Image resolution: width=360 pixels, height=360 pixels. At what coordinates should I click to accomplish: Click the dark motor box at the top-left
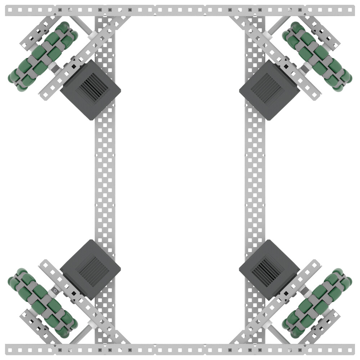coord(90,90)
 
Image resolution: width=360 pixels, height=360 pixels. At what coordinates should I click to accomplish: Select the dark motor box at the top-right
coord(269,90)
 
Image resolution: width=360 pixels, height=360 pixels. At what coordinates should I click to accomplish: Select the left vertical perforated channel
coord(105,180)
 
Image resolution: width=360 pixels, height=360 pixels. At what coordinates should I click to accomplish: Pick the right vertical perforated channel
coord(255,180)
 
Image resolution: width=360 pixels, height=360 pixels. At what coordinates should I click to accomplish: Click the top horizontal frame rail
coord(180,10)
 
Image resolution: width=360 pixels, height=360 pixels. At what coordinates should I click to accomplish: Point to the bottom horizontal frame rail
coord(180,349)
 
